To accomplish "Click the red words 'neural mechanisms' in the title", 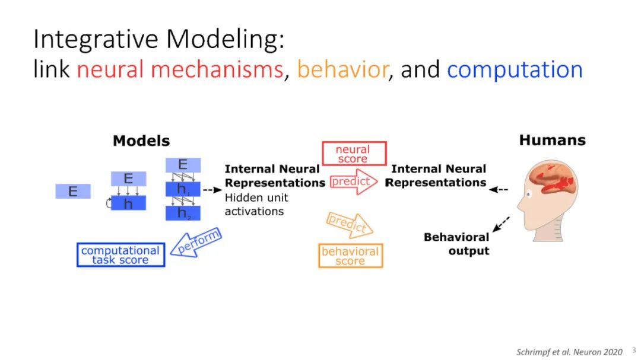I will tap(180, 70).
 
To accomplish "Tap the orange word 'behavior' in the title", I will tap(342, 70).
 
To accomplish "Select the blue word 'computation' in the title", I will tap(515, 70).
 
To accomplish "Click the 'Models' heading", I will tap(141, 141).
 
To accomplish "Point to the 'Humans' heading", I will tap(552, 141).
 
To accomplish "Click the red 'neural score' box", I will tap(353, 154).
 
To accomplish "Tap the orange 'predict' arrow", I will tap(349, 225).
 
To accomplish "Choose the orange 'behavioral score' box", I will tap(350, 256).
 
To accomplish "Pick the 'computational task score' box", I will tap(120, 255).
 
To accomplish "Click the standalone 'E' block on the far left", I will tap(73, 192).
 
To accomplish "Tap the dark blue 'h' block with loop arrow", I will tap(128, 203).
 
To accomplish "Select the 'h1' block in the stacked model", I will tap(183, 189).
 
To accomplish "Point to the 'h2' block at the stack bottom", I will tap(183, 213).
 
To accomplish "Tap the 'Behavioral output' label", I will tap(456, 244).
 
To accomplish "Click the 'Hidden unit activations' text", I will tap(254, 205).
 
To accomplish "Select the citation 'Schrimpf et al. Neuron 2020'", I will tap(569, 352).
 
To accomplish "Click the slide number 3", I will tap(633, 351).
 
